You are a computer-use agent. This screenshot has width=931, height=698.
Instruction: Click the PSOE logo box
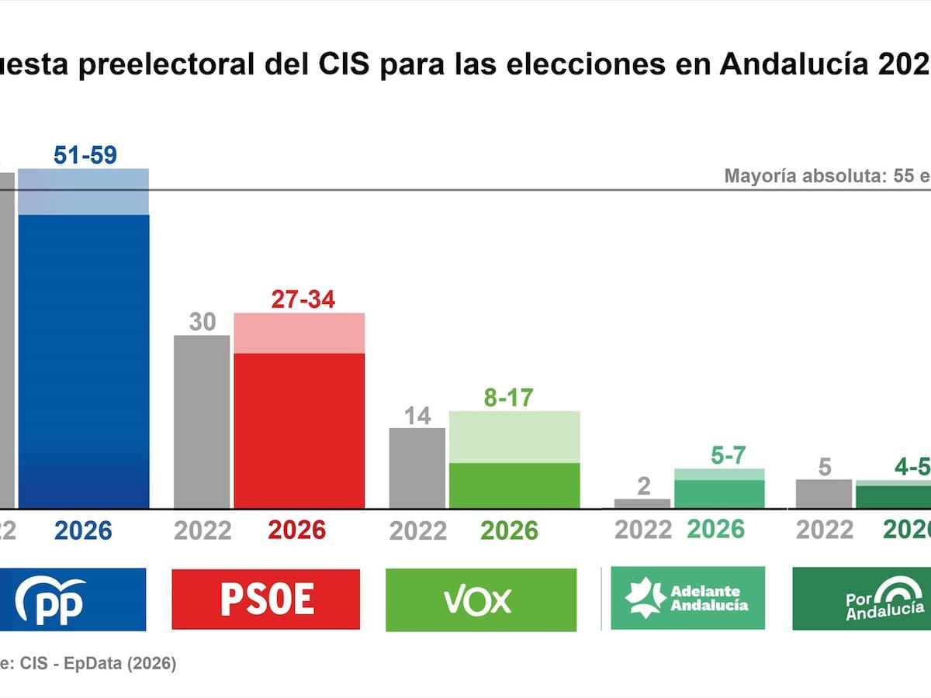coord(265,600)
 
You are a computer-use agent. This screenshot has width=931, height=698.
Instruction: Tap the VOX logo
coord(480,600)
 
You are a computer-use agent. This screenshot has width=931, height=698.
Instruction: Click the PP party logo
coord(74,600)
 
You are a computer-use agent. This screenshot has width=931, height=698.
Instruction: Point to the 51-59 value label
coord(85,155)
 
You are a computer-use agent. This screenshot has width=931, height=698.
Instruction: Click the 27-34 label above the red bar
coord(303,299)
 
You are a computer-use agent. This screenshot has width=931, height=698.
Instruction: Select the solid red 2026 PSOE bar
coord(299,430)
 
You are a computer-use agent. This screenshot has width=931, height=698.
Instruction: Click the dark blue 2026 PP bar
coord(84,361)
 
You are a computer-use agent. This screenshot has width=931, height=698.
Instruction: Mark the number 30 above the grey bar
coord(202,321)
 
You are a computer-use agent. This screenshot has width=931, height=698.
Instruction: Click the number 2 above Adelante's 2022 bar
coord(642,486)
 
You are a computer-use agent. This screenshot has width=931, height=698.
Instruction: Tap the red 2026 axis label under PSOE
coord(297,530)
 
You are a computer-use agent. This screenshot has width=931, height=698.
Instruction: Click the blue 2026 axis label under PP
coord(83,530)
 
